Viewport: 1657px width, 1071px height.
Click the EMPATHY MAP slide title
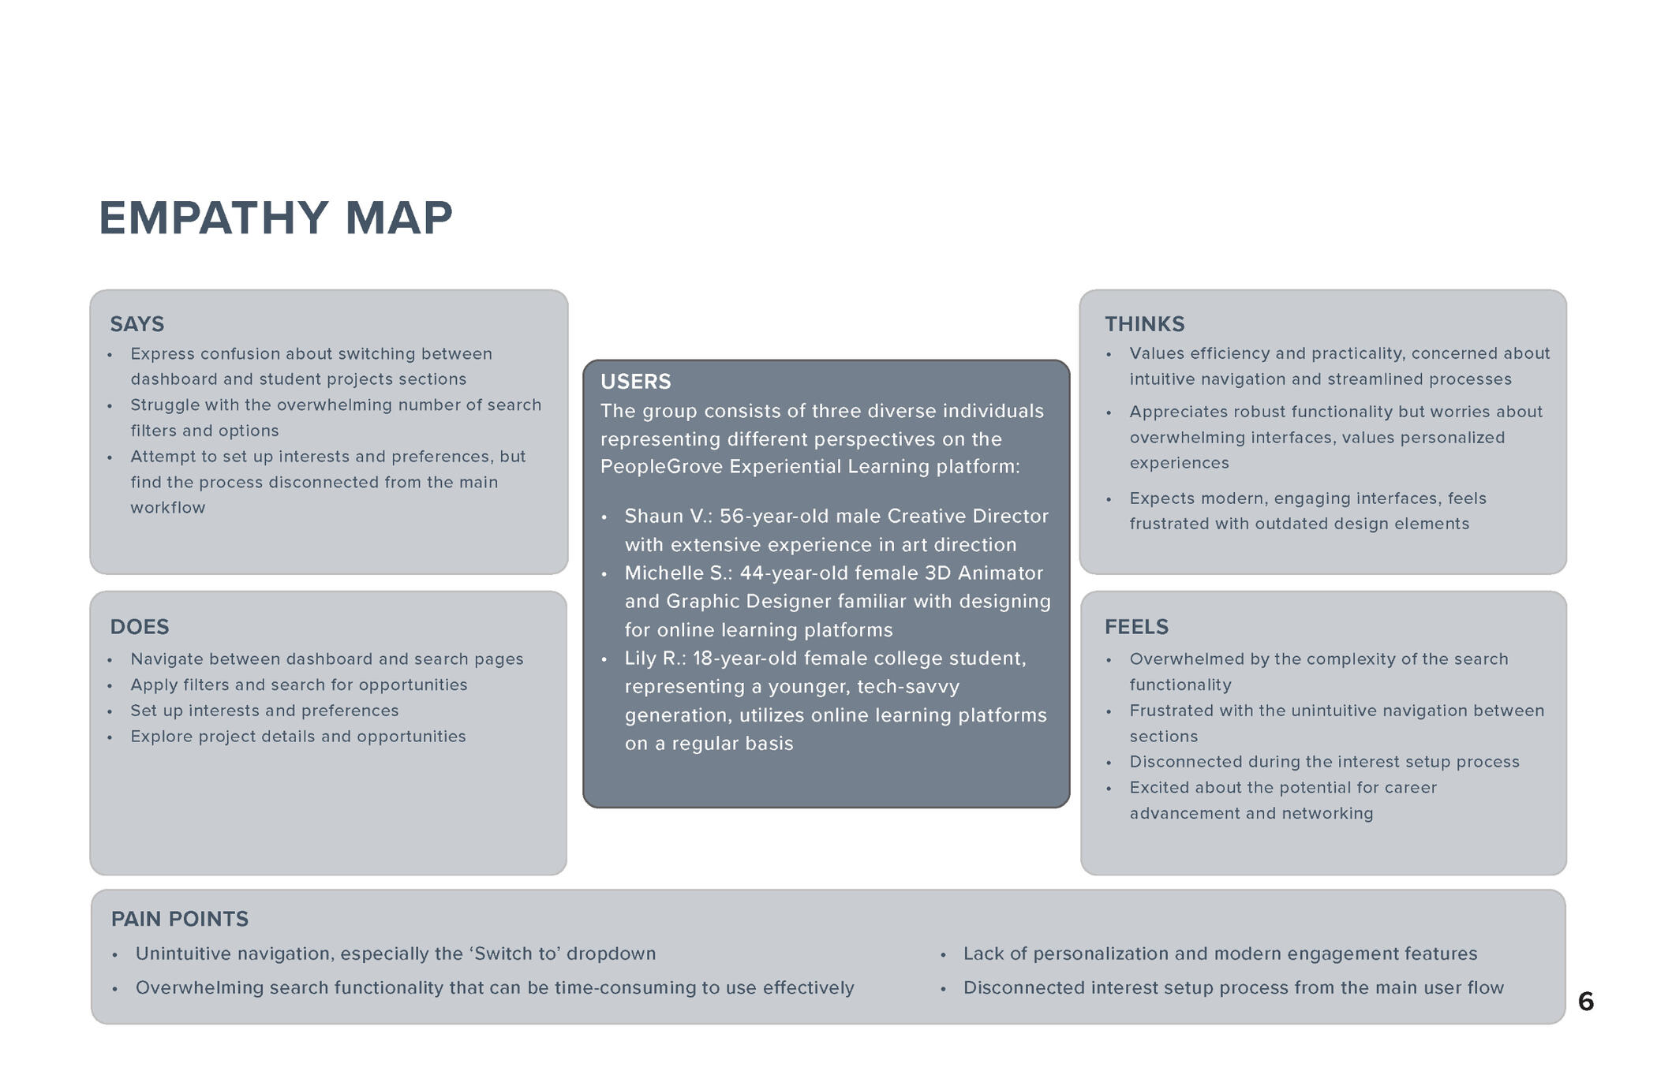[x=275, y=218]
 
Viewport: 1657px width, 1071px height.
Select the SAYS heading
[x=137, y=324]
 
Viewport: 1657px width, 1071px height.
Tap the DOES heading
[x=140, y=627]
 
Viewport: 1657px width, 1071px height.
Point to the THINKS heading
[x=1144, y=324]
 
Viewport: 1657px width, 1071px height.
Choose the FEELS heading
[x=1136, y=627]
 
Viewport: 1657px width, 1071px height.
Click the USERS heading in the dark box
[x=635, y=382]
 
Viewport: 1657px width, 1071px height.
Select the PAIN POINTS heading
[x=180, y=919]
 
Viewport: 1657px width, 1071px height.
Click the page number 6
[x=1585, y=1002]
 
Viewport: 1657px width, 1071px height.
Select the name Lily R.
[x=655, y=659]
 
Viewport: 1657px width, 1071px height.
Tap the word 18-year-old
[x=744, y=659]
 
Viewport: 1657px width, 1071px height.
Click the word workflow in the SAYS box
[x=167, y=508]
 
